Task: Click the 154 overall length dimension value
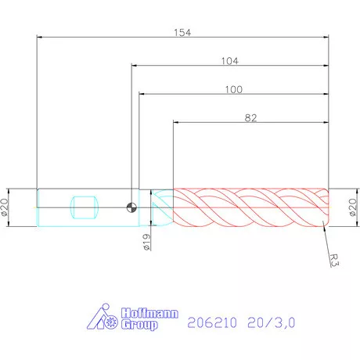tap(182, 32)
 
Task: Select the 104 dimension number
tap(229, 60)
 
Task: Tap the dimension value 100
tap(232, 89)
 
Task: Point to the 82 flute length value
tap(250, 117)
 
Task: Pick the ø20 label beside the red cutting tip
tap(351, 207)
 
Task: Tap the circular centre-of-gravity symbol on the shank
tap(131, 207)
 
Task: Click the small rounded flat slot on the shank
tap(84, 207)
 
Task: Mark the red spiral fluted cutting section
tap(250, 207)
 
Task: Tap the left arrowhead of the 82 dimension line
tap(175, 123)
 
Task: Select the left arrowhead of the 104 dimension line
tap(135, 66)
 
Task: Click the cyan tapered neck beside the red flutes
tap(161, 207)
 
